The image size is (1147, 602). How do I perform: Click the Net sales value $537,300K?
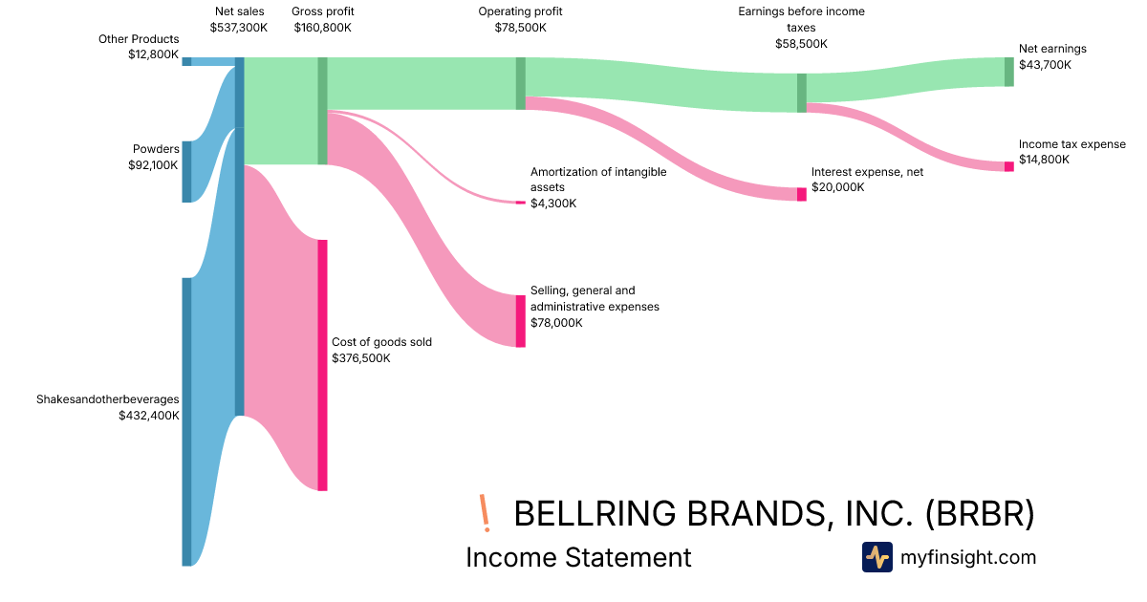(239, 28)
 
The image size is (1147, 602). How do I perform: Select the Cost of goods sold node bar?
(323, 365)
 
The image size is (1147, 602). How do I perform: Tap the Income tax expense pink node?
(1008, 166)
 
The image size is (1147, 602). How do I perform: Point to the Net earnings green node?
(1008, 72)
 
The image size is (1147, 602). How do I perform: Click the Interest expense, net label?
(868, 172)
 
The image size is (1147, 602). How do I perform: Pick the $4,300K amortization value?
(553, 204)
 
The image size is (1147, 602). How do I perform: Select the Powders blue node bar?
(186, 172)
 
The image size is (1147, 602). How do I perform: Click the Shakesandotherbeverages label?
(108, 399)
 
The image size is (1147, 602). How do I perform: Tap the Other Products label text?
(139, 39)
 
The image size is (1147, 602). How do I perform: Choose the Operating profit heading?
(520, 11)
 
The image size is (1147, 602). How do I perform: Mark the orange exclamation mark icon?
(485, 513)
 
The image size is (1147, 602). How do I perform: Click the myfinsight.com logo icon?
(876, 557)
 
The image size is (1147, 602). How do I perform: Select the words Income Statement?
(578, 557)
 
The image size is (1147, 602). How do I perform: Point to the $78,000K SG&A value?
(557, 323)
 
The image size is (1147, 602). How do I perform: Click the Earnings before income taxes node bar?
(802, 93)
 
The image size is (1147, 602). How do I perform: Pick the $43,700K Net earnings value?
(1045, 65)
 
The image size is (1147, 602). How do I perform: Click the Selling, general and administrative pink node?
(520, 321)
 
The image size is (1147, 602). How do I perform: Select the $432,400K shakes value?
(149, 416)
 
